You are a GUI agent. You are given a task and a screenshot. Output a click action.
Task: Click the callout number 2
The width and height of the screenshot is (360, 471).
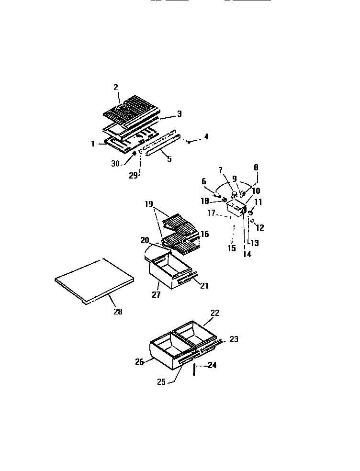(x=116, y=87)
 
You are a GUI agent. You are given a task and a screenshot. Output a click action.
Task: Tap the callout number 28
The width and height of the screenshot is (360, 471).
(x=118, y=312)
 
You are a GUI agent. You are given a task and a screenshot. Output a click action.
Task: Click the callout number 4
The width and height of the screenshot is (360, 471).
(x=206, y=137)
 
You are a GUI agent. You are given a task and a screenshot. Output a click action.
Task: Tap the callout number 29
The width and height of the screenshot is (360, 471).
(x=134, y=175)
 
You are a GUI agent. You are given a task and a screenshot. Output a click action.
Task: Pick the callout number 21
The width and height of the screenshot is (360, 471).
(x=204, y=286)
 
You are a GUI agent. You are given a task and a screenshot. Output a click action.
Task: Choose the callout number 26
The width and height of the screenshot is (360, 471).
(x=140, y=362)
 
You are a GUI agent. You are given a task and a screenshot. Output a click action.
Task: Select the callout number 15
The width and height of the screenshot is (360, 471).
(x=231, y=248)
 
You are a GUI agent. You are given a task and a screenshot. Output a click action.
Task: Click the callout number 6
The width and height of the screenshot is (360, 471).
(x=203, y=181)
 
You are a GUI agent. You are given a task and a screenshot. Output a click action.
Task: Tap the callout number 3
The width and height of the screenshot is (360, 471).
(x=179, y=113)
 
